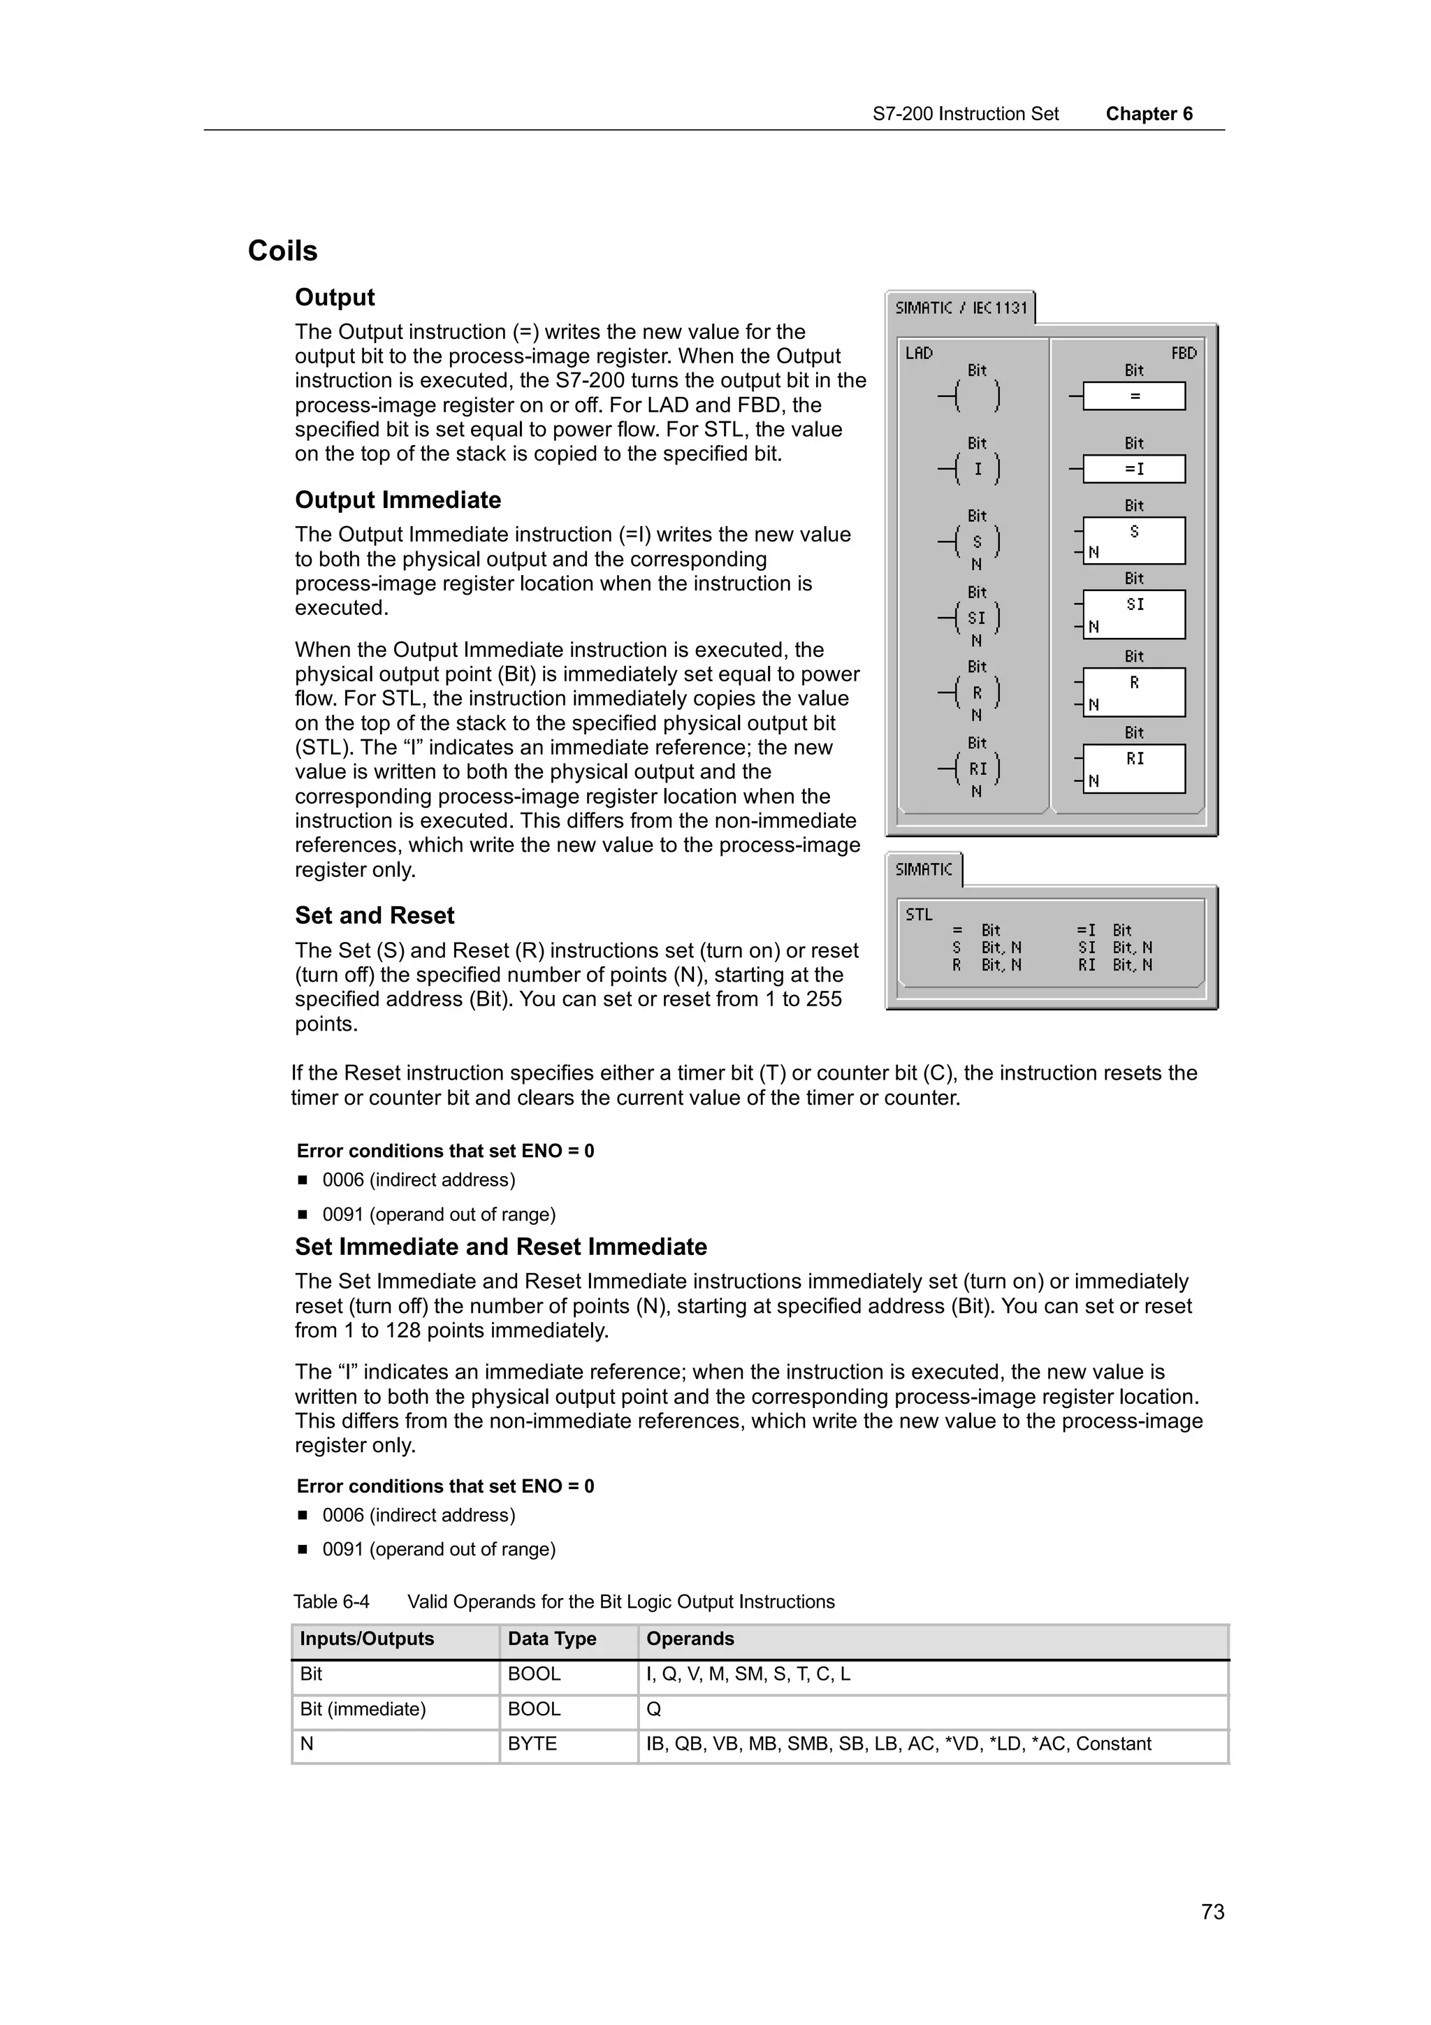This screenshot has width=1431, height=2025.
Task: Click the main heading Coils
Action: (282, 252)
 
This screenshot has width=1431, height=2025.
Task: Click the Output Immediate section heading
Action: (398, 500)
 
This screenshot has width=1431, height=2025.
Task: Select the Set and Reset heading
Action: (375, 915)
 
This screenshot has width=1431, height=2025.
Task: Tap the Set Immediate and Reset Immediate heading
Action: (501, 1247)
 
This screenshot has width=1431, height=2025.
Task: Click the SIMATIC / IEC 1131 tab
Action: (960, 308)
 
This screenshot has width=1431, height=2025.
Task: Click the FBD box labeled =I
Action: (1134, 469)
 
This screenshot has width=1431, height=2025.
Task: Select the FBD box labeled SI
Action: (1134, 614)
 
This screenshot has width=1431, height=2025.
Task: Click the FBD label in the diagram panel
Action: (1183, 353)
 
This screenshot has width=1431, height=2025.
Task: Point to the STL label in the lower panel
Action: (919, 915)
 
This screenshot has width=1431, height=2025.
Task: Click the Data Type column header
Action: (552, 1639)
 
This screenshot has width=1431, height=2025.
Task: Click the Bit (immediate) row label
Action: (363, 1709)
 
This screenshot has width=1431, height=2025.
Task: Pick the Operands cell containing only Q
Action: (654, 1709)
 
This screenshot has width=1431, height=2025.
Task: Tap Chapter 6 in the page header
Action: (1149, 114)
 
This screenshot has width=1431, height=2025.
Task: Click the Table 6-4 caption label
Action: (331, 1602)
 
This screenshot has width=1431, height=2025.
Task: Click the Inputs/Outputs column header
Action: (367, 1639)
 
